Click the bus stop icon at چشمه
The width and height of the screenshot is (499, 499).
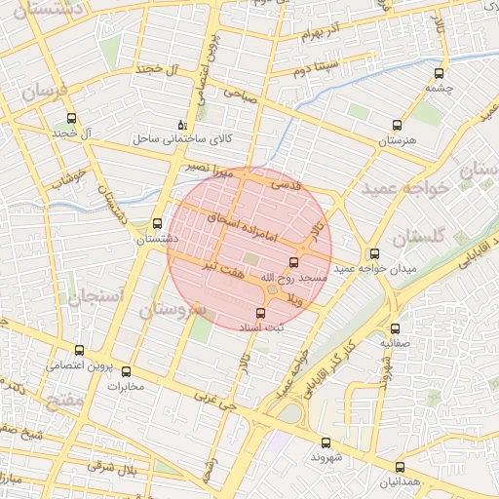439,72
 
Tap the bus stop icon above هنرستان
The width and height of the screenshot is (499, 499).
397,125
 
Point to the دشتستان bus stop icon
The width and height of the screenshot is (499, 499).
158,223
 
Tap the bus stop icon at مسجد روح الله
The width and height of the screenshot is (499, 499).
294,262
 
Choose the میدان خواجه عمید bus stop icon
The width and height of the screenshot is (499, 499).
374,252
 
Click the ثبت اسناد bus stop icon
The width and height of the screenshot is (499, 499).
260,313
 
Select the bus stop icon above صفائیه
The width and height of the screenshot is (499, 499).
395,328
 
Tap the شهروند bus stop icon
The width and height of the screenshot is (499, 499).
326,441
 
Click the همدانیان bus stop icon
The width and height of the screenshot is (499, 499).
400,467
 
